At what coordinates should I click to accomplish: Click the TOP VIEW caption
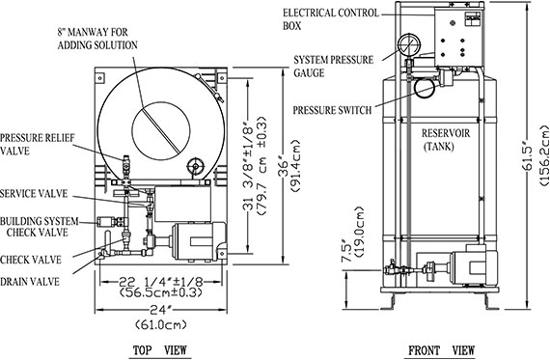coord(160,349)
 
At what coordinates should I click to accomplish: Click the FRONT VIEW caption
coord(441,349)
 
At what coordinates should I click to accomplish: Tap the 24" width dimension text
coord(160,311)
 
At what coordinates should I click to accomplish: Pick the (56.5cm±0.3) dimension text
coord(161,292)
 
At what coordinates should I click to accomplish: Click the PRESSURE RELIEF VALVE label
coord(38,144)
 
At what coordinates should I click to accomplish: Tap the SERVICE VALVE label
coord(34,194)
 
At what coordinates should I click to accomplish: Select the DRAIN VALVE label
coord(30,282)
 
